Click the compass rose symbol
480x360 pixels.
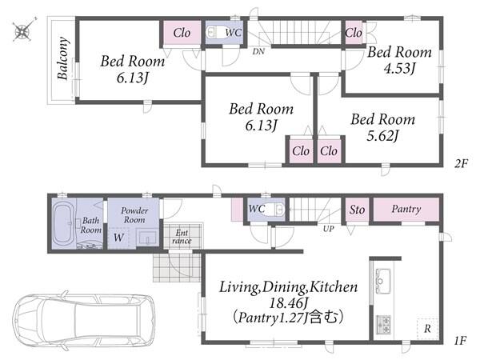click(x=22, y=30)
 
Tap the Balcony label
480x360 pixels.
click(x=62, y=58)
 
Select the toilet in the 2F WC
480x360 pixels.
click(x=214, y=32)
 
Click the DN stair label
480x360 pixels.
click(x=258, y=51)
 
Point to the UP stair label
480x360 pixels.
click(x=328, y=229)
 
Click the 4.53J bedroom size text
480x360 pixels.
click(x=399, y=68)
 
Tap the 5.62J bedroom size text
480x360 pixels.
click(x=382, y=135)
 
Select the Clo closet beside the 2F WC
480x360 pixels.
click(x=182, y=33)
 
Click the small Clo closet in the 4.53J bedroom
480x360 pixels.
click(x=354, y=33)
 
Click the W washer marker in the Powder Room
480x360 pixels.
click(x=118, y=238)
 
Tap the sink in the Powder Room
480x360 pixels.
click(x=147, y=238)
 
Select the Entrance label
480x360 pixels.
click(x=182, y=237)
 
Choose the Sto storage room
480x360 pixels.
click(x=357, y=210)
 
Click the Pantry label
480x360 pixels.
click(x=406, y=209)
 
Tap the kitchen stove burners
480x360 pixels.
click(x=383, y=325)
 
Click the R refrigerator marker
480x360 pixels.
click(x=427, y=329)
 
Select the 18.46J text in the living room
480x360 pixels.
click(x=288, y=303)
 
